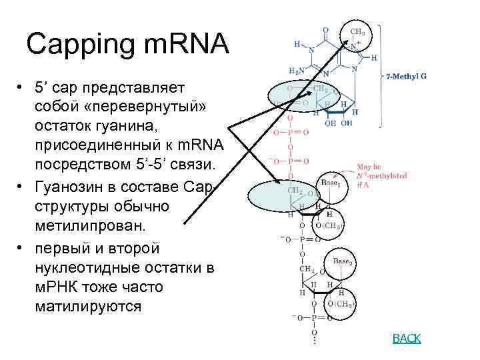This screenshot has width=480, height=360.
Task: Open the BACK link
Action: click(x=407, y=339)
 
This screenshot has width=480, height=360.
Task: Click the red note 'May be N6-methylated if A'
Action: click(x=376, y=175)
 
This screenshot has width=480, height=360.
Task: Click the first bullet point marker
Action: click(x=22, y=89)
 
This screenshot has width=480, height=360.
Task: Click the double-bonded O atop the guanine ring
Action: click(x=325, y=30)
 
